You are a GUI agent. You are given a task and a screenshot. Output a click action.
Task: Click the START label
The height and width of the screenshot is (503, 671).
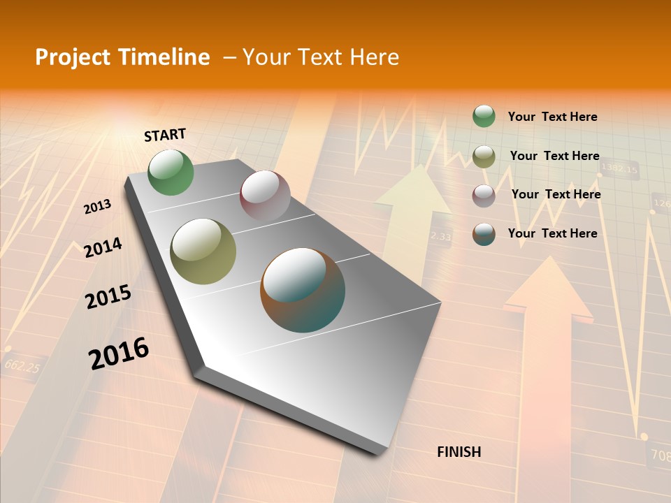(x=165, y=134)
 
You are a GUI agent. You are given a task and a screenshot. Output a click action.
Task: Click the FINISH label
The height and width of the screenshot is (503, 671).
(x=459, y=452)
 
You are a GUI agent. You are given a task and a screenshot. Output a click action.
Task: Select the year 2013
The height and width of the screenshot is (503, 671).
(x=97, y=207)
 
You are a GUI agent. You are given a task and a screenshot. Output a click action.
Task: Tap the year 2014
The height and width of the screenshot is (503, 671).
(x=103, y=248)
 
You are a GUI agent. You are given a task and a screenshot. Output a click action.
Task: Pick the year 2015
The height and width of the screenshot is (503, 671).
(x=108, y=297)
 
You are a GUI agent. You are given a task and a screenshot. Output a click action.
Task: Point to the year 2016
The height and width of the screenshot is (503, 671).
(x=119, y=353)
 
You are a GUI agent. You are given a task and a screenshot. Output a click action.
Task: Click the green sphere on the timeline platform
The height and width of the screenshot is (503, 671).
(x=171, y=172)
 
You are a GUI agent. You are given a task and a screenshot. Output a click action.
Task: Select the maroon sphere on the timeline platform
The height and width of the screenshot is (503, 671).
(x=265, y=196)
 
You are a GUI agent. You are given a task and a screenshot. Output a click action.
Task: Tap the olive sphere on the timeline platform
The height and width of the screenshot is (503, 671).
(x=203, y=251)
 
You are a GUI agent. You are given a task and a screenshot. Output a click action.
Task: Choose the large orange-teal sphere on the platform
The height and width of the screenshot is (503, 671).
(x=303, y=290)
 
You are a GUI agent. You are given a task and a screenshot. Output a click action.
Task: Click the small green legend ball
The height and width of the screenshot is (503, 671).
(x=484, y=116)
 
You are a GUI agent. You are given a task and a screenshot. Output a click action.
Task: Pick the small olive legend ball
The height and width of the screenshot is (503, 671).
(x=484, y=156)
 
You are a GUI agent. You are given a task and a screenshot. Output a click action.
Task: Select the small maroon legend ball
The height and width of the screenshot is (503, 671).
(x=484, y=196)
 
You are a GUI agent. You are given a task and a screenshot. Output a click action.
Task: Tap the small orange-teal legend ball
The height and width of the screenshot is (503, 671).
(x=484, y=234)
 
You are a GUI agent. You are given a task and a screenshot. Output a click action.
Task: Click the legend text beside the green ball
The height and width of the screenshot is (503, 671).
(x=552, y=117)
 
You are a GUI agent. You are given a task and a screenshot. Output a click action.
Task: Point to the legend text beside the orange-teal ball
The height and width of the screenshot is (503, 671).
(x=552, y=233)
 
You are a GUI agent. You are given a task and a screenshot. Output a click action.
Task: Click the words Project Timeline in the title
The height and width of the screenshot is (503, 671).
(x=122, y=57)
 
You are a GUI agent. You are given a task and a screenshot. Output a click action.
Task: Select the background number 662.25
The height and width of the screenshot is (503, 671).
(x=22, y=365)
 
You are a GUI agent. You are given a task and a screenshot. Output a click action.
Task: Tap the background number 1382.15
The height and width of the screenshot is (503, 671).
(x=619, y=169)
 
